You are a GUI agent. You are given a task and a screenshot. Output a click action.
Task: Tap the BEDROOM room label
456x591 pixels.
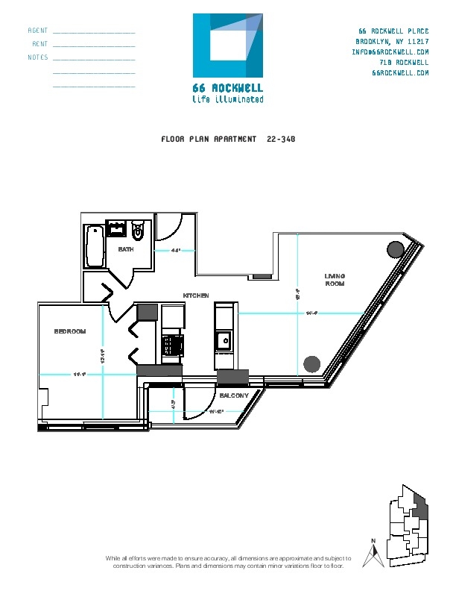coord(70,331)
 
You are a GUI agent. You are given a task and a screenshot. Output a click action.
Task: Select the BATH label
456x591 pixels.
coord(126,249)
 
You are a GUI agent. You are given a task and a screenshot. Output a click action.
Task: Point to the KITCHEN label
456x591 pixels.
coord(196,296)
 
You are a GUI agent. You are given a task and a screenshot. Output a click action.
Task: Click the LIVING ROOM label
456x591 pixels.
coord(335,280)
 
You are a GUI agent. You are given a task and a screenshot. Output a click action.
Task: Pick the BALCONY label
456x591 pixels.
coord(234,395)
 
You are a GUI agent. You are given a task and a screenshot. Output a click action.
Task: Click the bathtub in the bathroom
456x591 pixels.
coord(94,247)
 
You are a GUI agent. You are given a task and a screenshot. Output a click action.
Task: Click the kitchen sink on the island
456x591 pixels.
coord(223,343)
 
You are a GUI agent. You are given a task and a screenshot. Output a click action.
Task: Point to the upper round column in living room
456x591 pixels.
coord(395,250)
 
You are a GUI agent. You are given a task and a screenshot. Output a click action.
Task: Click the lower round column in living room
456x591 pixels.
coord(311,364)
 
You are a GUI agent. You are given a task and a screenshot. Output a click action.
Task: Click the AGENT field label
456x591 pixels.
coord(38,31)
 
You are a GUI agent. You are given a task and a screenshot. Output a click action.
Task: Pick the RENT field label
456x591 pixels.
coord(40,44)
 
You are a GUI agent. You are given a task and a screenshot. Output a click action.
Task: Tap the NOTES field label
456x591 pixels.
coord(38,57)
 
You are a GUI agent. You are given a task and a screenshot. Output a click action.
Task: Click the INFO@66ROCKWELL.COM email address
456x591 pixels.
coord(390,52)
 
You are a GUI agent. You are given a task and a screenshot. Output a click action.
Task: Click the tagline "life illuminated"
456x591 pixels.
coord(227,98)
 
